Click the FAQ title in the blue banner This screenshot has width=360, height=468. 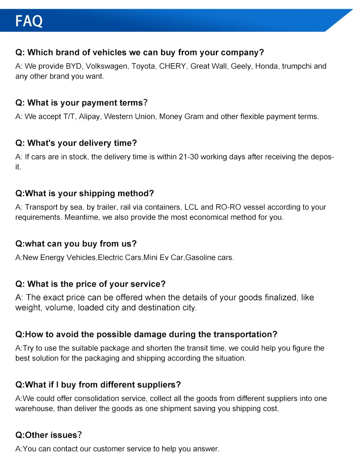click(29, 21)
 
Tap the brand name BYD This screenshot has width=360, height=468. click(73, 66)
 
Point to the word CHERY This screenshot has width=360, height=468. click(172, 66)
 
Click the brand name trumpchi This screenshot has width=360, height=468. click(298, 66)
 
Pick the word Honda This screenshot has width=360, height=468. click(266, 66)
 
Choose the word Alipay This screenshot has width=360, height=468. click(90, 117)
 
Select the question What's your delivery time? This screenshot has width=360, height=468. click(76, 143)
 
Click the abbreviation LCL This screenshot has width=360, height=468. click(190, 207)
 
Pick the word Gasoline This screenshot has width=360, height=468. click(202, 257)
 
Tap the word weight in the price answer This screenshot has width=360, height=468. click(28, 308)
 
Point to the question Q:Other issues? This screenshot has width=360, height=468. click(48, 435)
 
